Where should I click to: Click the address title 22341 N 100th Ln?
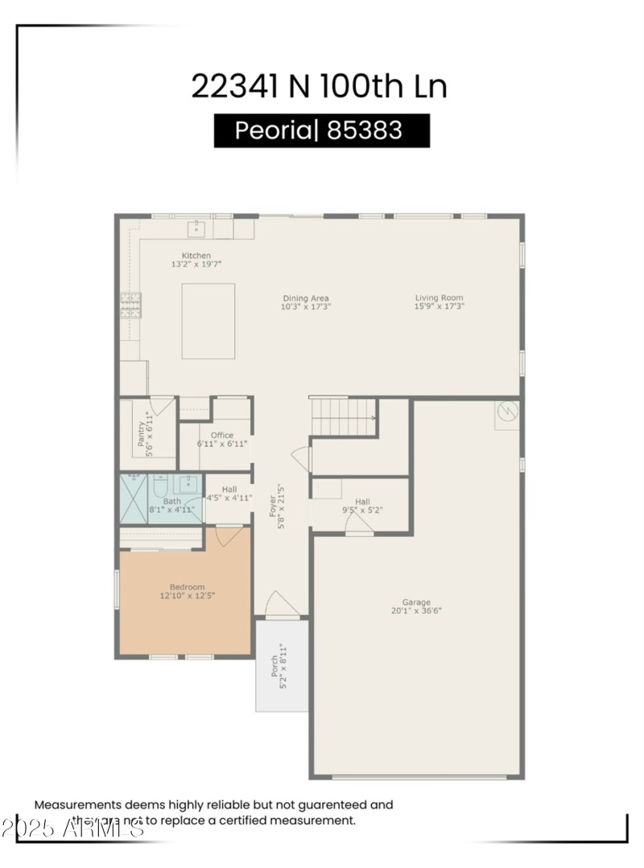click(319, 86)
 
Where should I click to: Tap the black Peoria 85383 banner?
click(321, 130)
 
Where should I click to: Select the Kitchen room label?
click(196, 256)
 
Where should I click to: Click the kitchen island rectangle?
click(208, 320)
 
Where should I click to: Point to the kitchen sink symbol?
click(196, 229)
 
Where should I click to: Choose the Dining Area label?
click(305, 299)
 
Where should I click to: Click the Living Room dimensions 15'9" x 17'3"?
click(439, 306)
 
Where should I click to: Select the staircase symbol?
click(343, 416)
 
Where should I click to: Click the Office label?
click(222, 436)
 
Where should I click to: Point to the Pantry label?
click(141, 435)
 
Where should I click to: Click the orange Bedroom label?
click(187, 587)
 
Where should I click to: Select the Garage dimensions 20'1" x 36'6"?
click(416, 610)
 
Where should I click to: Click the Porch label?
click(275, 666)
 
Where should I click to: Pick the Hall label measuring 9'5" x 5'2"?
click(362, 502)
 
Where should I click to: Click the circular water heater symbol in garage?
click(507, 411)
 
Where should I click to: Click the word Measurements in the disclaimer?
click(76, 804)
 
